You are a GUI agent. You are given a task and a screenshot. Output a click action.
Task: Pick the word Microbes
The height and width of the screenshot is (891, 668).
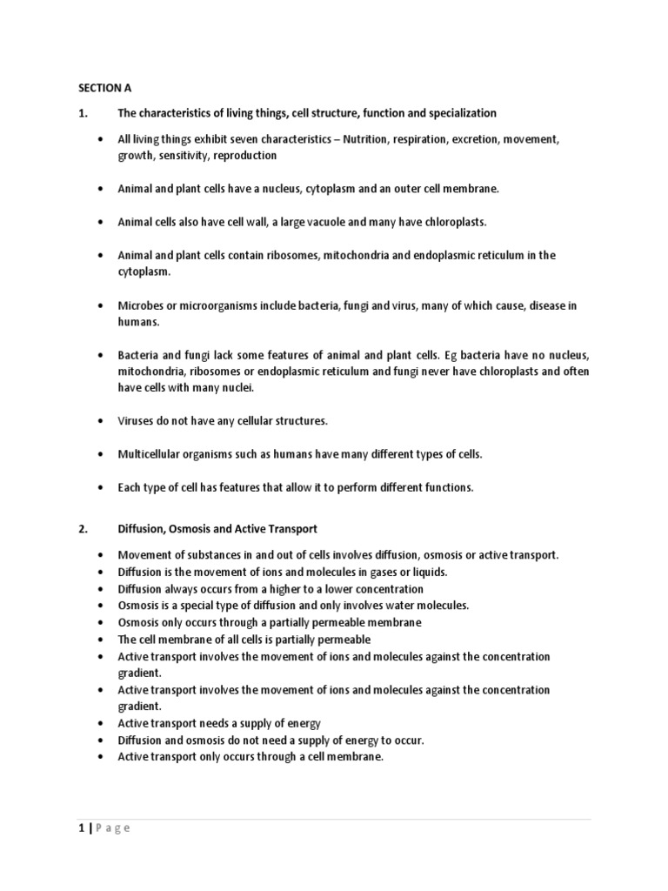point(139,305)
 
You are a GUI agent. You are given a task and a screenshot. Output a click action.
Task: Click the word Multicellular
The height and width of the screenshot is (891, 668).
point(151,454)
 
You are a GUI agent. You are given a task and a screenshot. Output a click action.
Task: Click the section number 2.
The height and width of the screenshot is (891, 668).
point(82,528)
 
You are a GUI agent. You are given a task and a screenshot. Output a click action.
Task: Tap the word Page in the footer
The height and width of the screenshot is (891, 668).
point(113,827)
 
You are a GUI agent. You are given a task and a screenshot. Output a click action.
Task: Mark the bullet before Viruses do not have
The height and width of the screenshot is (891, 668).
point(102,421)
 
